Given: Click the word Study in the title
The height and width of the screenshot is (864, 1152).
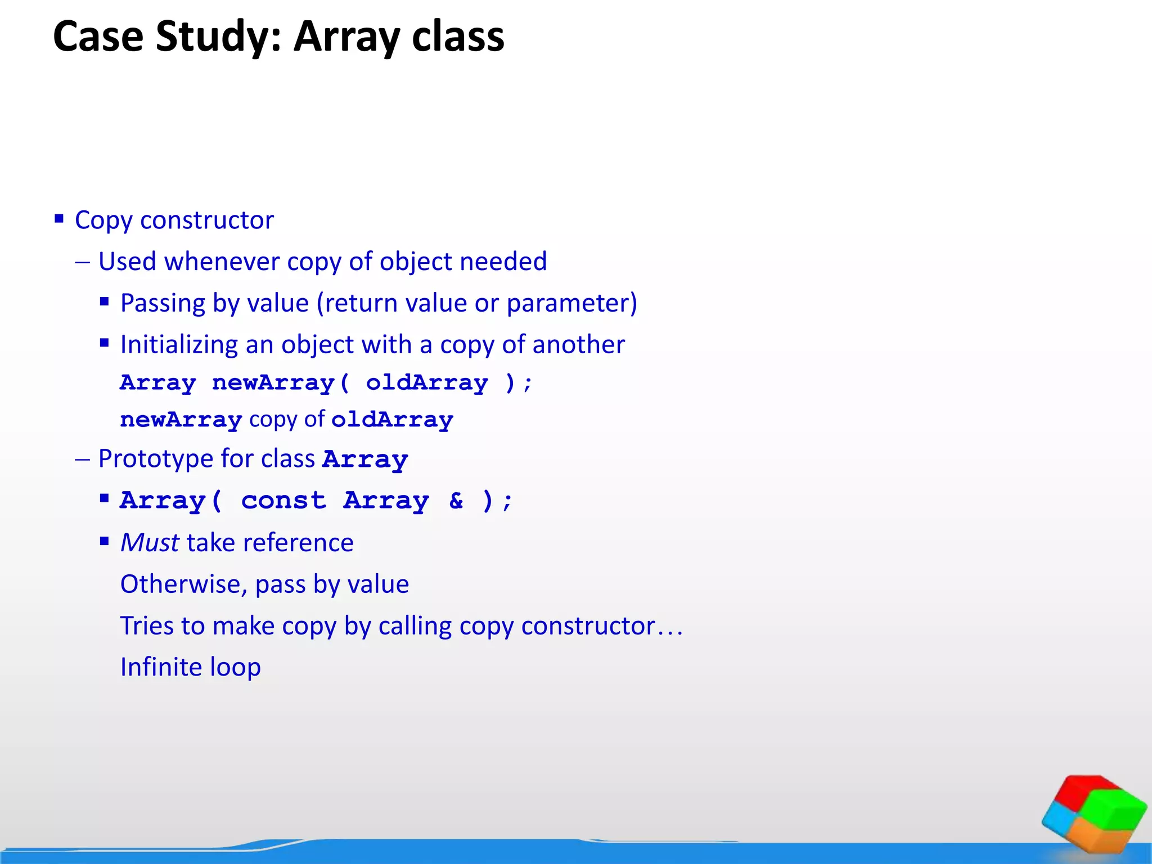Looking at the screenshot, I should click(x=217, y=37).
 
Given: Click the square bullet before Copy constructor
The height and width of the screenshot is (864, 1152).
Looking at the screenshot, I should click(x=59, y=218).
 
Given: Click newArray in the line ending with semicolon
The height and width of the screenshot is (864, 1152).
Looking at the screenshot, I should click(x=273, y=382).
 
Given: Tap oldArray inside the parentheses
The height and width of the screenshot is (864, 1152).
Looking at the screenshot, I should click(x=427, y=382).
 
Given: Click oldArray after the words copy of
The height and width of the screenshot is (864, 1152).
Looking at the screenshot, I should click(x=392, y=420).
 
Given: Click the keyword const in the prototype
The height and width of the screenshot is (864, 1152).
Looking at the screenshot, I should click(x=283, y=500).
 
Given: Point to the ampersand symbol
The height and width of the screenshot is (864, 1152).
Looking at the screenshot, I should click(x=456, y=500).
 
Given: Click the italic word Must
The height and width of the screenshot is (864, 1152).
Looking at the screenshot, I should click(x=150, y=543).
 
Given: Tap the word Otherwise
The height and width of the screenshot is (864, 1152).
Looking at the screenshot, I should click(x=183, y=584).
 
